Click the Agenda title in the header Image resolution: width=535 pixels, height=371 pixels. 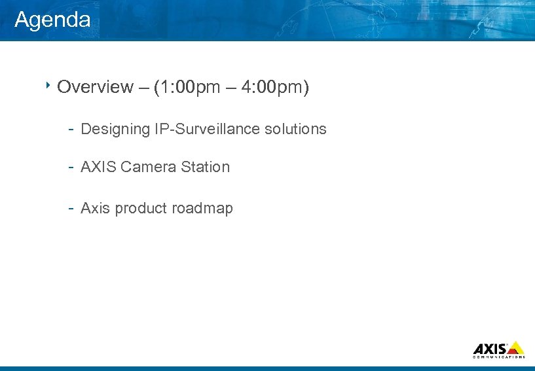pyautogui.click(x=52, y=20)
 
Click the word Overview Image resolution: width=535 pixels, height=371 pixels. pyautogui.click(x=94, y=88)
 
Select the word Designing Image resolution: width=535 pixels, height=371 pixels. pyautogui.click(x=115, y=130)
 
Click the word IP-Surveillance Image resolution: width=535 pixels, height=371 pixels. pyautogui.click(x=208, y=130)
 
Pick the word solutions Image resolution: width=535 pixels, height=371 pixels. pyautogui.click(x=295, y=130)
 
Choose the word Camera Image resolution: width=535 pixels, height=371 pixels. pyautogui.click(x=149, y=167)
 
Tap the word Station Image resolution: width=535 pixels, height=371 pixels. pyautogui.click(x=206, y=167)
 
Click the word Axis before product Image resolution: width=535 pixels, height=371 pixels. pyautogui.click(x=96, y=209)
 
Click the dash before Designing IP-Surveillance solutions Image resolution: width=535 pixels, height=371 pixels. pyautogui.click(x=70, y=130)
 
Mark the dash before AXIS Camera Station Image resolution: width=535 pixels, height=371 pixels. pyautogui.click(x=70, y=167)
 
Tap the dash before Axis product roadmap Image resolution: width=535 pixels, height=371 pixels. pyautogui.click(x=70, y=209)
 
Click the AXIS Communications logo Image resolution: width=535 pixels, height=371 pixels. pyautogui.click(x=498, y=349)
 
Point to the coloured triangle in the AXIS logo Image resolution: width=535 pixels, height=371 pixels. pyautogui.click(x=516, y=347)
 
